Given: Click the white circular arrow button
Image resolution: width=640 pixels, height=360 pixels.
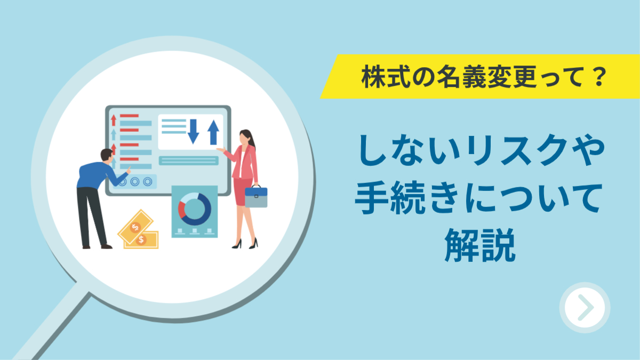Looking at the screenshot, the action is [x=585, y=307].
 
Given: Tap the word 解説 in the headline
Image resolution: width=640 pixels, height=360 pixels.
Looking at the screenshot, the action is [x=480, y=245].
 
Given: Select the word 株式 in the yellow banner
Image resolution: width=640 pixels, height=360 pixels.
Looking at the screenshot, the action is [x=386, y=77].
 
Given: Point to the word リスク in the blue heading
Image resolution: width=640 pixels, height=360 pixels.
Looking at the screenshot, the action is [x=517, y=150].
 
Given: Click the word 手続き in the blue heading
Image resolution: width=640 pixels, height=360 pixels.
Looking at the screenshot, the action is [x=407, y=198].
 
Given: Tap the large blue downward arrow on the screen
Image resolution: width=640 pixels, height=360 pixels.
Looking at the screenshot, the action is [x=194, y=131].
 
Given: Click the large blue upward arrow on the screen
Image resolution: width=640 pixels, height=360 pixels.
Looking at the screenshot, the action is [x=213, y=132].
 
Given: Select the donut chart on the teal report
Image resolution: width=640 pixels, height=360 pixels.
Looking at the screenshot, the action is [x=195, y=209].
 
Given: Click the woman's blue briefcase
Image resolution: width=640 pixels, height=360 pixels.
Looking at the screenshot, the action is [x=256, y=196].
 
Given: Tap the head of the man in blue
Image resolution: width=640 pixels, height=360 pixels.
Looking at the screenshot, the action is [x=107, y=156].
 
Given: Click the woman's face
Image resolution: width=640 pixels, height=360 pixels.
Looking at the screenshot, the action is [x=244, y=139].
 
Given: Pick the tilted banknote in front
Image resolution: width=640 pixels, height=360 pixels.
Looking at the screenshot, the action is [x=135, y=227].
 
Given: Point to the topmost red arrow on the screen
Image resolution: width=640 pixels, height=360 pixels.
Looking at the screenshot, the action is [x=114, y=120].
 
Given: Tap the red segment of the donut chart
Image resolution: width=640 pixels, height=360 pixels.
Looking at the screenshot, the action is [x=181, y=210].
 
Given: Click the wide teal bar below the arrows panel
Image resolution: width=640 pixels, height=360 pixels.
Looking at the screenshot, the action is [x=189, y=161].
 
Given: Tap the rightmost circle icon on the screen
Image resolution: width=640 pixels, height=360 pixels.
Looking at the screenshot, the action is [x=147, y=181].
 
